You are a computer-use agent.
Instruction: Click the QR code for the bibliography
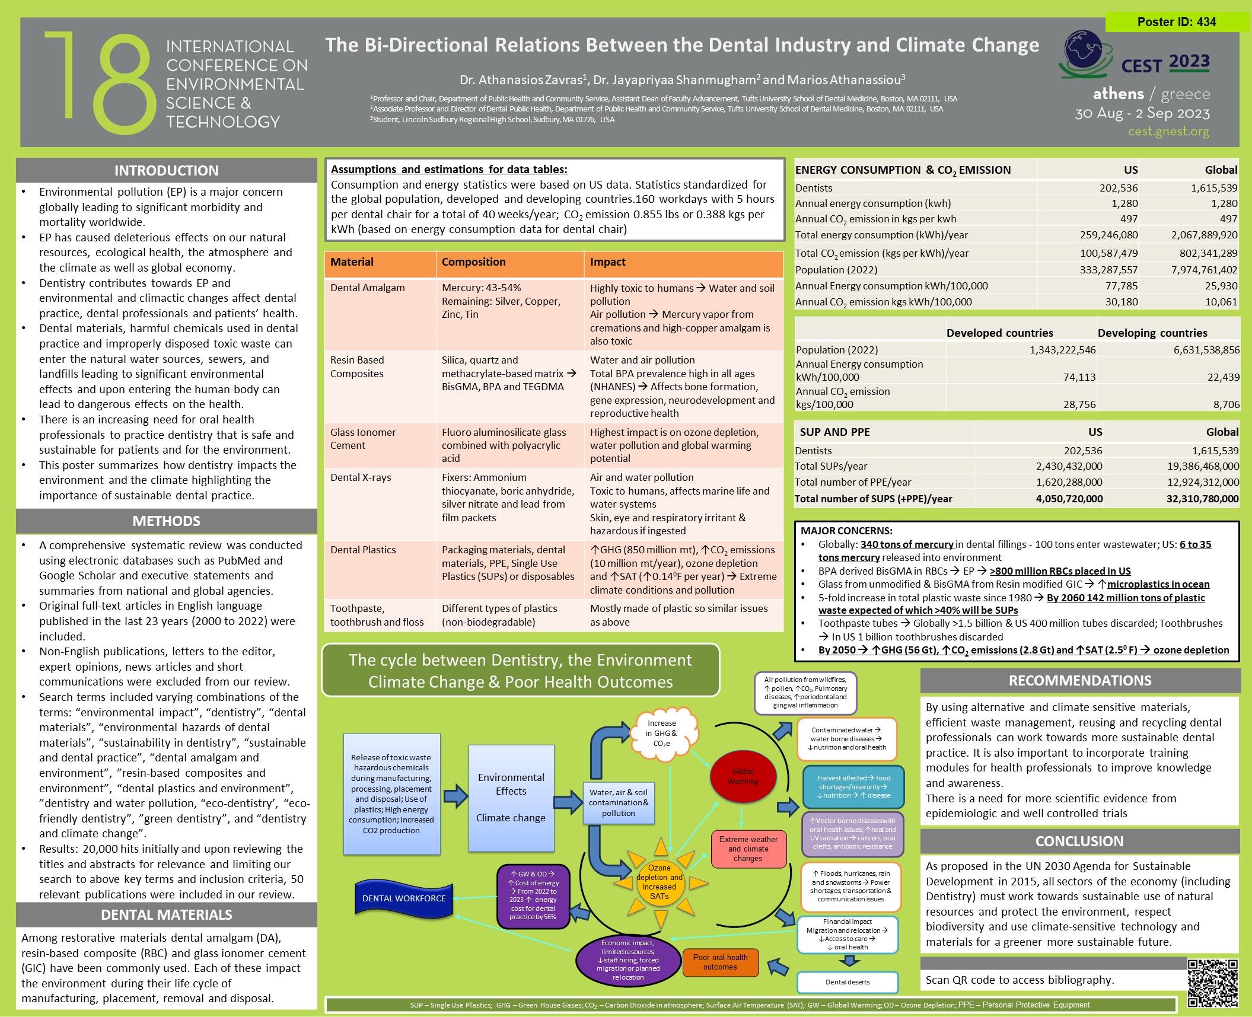pos(1212,982)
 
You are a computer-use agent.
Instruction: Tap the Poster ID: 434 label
pos(1176,22)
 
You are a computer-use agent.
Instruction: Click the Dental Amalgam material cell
pos(368,288)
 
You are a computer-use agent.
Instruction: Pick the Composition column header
pos(473,262)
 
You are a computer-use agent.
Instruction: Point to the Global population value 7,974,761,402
pos(1204,270)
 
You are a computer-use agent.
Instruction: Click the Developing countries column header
pos(1152,333)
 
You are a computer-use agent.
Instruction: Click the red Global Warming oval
pos(743,776)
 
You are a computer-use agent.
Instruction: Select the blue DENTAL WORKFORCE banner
pos(404,898)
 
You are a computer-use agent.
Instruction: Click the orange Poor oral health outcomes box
pos(720,961)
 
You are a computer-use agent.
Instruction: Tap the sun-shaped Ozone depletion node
pos(660,882)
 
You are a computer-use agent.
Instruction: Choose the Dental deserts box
pos(847,982)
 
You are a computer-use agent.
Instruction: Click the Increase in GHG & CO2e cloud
pos(662,733)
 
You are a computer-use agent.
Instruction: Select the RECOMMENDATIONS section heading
pos(1079,681)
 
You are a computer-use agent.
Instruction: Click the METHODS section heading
pos(166,521)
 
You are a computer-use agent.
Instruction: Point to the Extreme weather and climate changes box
pos(748,849)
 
